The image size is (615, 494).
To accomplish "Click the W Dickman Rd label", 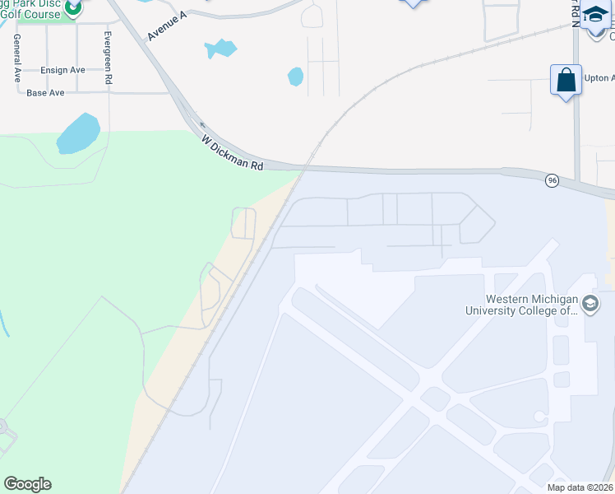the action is pos(233,153).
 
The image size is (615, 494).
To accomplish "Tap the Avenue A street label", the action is pos(168,27).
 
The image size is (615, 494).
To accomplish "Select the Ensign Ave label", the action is pos(62,70).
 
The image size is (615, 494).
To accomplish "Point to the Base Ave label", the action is pos(45,93).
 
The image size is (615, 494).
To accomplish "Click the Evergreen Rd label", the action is pos(108,58).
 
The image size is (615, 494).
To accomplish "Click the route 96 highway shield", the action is pos(552,180).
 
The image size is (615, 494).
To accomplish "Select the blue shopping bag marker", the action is pos(566,81).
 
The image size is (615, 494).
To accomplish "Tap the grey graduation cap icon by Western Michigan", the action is pos(590,305).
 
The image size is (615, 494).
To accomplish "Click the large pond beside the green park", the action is pos(78,133).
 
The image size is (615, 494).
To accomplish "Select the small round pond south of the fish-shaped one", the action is pos(295,77).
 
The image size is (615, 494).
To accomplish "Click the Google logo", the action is pos(27,484).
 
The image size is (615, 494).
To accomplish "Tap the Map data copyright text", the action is pos(579,487).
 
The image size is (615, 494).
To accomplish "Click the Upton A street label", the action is pos(599,77).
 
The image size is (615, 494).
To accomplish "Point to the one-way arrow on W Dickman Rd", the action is pos(202,126).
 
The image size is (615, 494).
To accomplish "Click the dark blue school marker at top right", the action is pos(595,16).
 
